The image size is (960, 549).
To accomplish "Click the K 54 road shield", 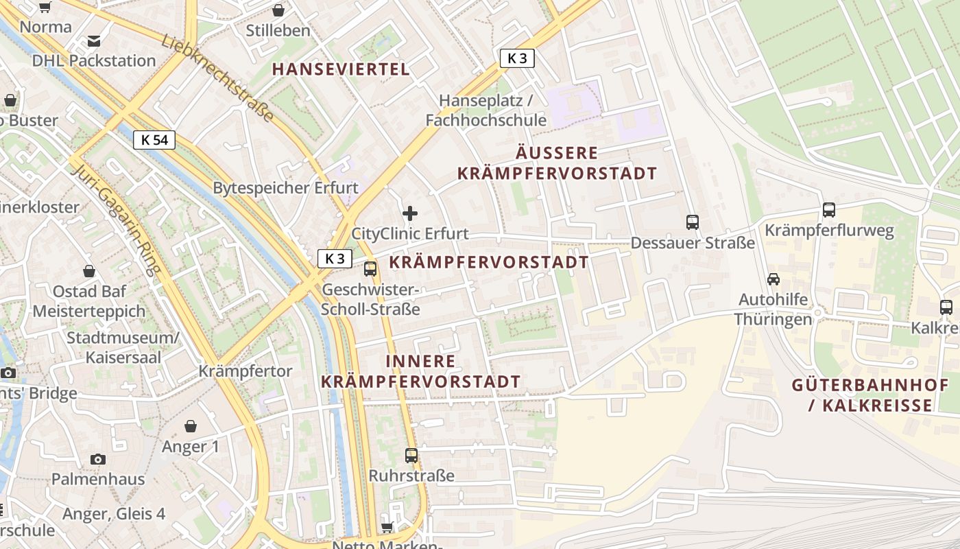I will coord(154,141).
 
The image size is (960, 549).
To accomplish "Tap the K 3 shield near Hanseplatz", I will coord(517,58).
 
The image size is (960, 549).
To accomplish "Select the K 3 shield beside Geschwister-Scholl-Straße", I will coord(335,259).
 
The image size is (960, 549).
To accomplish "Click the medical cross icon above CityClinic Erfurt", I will coord(410,213).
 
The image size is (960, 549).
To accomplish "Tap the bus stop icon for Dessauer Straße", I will coord(693,222).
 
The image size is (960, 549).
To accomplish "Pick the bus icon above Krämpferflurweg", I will coord(829,210).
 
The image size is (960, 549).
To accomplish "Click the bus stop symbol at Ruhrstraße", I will coord(411,455).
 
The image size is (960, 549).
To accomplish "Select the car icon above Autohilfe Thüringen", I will coord(773,279).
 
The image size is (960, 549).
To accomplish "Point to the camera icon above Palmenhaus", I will coord(98,459).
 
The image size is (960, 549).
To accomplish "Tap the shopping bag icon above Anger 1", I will coord(191,427).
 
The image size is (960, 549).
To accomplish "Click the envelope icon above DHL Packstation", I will coord(94,41).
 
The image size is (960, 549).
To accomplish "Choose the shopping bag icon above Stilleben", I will coord(278,10).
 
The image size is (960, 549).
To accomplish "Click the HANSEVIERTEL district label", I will coord(341,69).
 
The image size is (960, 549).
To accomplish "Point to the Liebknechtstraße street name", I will coord(218,79).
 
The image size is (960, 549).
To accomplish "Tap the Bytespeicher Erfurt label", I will coord(285,188).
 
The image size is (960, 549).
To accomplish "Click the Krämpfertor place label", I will coord(245,371).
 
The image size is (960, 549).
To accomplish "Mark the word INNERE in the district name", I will coord(420,362).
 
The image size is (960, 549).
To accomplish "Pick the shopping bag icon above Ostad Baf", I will coord(88,272).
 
